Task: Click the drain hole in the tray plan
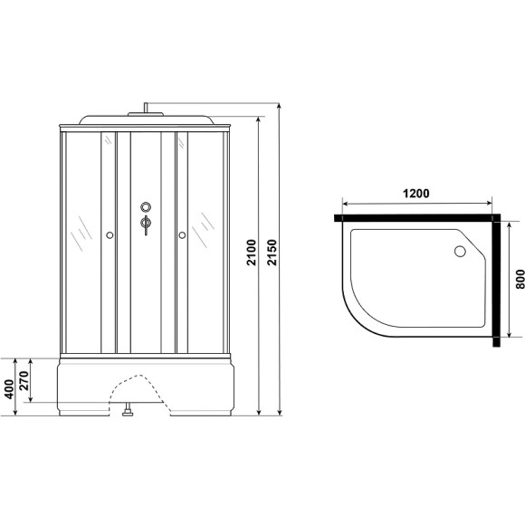point(459,253)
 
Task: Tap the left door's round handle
point(110,236)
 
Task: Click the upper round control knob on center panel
point(145,207)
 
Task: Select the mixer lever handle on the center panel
point(145,224)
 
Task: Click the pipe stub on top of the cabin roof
point(144,111)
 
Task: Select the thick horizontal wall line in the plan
point(416,217)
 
